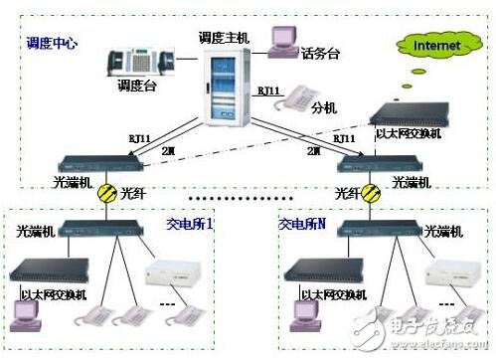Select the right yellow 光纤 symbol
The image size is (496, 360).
click(370, 193)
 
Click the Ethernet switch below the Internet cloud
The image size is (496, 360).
click(405, 115)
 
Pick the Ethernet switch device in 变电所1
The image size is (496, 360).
click(55, 270)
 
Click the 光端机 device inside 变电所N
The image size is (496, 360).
click(378, 232)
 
